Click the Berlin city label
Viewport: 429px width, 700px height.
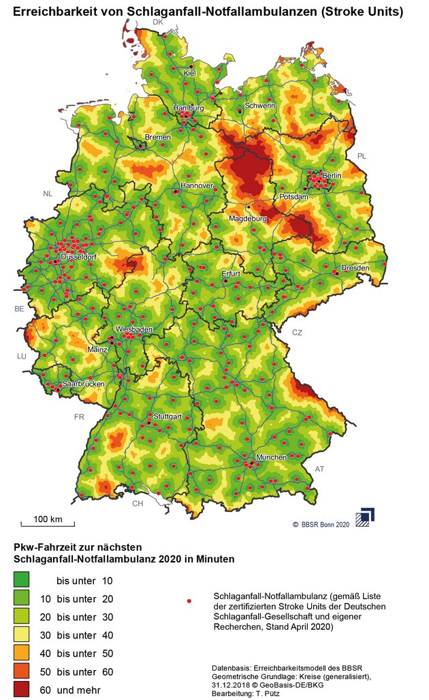(332, 176)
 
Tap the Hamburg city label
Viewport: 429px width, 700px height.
(189, 108)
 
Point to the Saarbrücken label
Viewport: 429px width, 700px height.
(83, 384)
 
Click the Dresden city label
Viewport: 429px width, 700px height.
(355, 268)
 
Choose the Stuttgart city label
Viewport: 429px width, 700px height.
(168, 416)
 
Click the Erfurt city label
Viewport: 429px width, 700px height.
(232, 274)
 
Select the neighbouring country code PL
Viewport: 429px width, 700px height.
(362, 156)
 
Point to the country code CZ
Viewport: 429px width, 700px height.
(297, 333)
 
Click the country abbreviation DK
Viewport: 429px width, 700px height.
(158, 22)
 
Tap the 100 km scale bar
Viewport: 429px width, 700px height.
(48, 523)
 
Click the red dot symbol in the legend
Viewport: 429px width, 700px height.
(189, 600)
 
